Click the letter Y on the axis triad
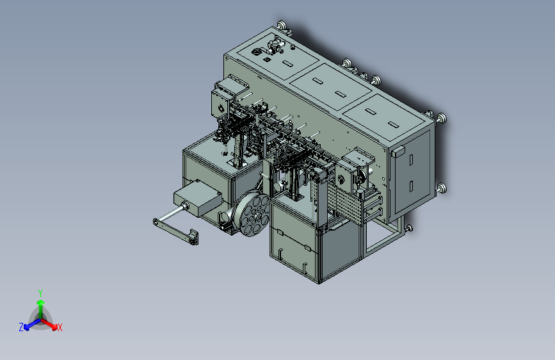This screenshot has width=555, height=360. (40, 293)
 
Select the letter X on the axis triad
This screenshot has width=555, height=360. (60, 328)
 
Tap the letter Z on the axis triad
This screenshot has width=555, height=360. (21, 327)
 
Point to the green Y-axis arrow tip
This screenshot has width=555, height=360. (41, 302)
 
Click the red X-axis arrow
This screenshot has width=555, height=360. (49, 324)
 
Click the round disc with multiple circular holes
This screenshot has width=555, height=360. (252, 214)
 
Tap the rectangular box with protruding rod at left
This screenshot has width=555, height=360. (198, 197)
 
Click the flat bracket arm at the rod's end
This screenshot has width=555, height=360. (175, 231)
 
